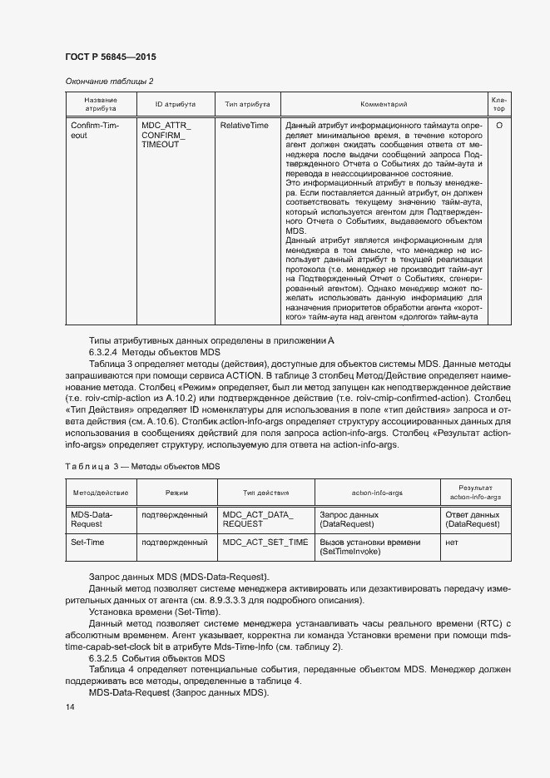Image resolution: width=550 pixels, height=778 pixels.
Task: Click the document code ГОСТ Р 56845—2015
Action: (x=110, y=57)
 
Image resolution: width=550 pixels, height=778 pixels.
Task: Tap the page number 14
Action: (x=69, y=706)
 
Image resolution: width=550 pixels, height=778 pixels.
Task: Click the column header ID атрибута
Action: (x=175, y=104)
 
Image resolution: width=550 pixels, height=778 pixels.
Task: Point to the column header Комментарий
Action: (x=383, y=104)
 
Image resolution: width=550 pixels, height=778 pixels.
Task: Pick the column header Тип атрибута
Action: (x=246, y=104)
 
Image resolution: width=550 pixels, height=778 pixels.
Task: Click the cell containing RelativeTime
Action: (x=244, y=125)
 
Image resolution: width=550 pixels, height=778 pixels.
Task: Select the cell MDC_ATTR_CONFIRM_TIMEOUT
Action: (x=166, y=135)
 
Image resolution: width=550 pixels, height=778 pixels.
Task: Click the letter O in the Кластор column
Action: (x=498, y=125)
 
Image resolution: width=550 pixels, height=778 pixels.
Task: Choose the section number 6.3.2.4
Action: (x=107, y=353)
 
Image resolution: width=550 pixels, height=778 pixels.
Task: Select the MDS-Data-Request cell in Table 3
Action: (x=92, y=519)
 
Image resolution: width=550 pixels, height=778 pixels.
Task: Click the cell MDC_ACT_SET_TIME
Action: (x=265, y=543)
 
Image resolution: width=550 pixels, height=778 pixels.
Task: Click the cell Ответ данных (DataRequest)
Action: (x=473, y=519)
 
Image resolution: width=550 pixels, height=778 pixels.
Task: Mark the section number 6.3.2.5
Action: (x=107, y=658)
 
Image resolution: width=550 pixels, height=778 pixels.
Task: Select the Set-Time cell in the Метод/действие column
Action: (x=89, y=543)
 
